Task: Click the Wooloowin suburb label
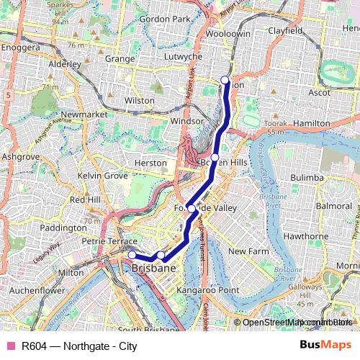[227, 34]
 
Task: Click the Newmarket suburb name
[84, 114]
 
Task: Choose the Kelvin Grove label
[102, 176]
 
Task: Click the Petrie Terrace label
[109, 241]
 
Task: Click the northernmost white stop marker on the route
[225, 80]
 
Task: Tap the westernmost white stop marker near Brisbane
[132, 254]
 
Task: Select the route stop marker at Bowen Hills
[215, 157]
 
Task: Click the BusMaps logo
[325, 345]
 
